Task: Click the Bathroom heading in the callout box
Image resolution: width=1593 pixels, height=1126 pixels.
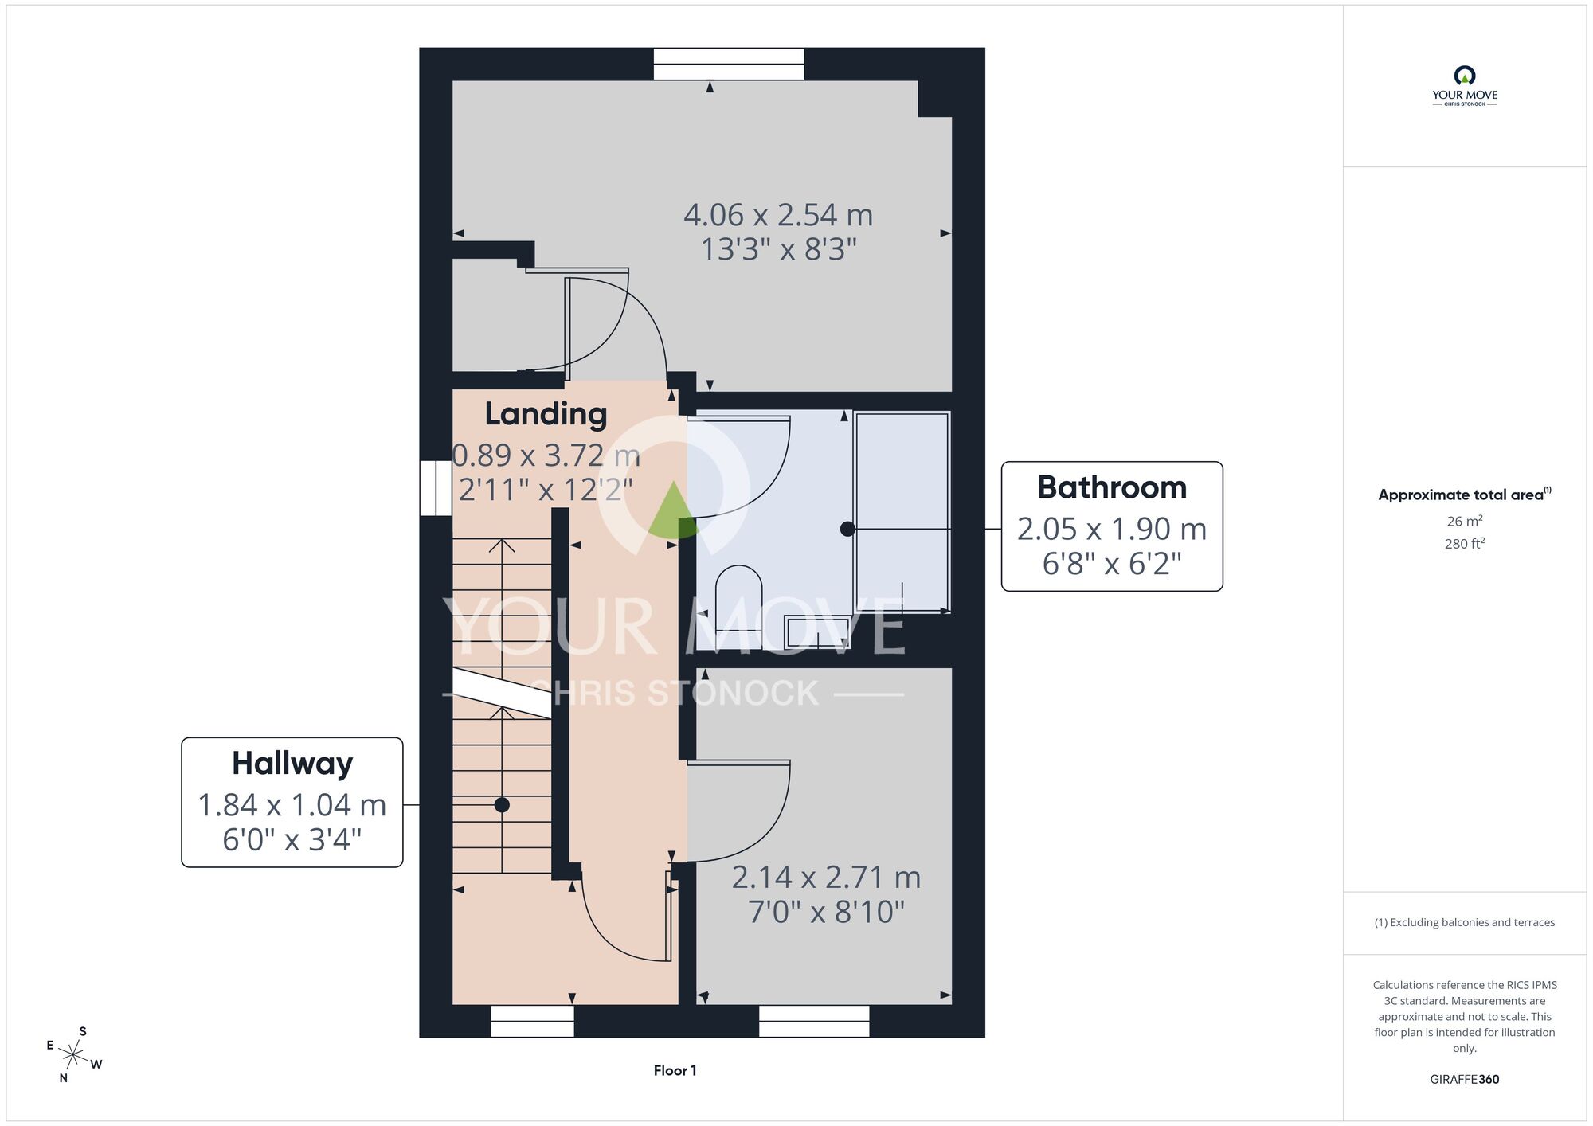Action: pos(1112,487)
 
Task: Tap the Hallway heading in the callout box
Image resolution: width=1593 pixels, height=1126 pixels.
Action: pos(292,764)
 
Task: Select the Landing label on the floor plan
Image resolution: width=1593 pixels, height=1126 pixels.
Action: pos(546,414)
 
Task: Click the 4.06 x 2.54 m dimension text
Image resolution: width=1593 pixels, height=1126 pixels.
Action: pos(778,215)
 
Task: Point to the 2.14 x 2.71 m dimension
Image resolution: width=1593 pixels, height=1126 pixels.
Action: pos(826,878)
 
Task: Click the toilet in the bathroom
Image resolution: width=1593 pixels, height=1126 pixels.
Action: pos(738,597)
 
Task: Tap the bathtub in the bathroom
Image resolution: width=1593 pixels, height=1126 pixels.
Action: pos(902,512)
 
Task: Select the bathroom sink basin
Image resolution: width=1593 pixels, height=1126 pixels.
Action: pos(817,631)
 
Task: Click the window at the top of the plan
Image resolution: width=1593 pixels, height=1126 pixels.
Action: pos(729,64)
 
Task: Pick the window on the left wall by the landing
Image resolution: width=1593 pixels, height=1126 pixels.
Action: pos(436,488)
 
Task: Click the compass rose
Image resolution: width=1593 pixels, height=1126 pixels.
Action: pos(73,1056)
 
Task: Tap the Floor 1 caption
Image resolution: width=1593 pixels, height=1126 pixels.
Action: pos(675,1071)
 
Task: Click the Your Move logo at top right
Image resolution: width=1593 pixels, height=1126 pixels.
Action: pos(1465,86)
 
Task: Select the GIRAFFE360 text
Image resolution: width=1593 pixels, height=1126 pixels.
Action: pos(1465,1080)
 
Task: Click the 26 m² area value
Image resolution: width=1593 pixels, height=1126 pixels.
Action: pos(1465,521)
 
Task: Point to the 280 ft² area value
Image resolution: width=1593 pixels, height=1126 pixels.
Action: pos(1465,544)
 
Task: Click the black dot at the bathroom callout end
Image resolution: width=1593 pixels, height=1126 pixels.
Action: pos(847,529)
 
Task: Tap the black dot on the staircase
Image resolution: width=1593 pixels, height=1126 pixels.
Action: pos(502,805)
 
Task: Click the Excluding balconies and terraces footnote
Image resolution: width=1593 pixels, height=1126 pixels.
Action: pos(1465,922)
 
